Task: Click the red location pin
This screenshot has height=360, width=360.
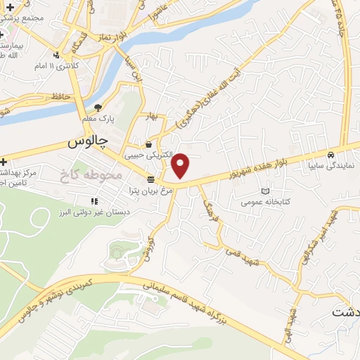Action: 181,166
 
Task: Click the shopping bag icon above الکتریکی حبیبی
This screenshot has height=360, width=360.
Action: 148,143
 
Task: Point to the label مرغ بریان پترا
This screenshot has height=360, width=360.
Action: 148,190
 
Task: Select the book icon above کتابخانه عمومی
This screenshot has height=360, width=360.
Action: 265,191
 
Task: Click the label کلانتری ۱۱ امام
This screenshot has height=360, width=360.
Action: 58,66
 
